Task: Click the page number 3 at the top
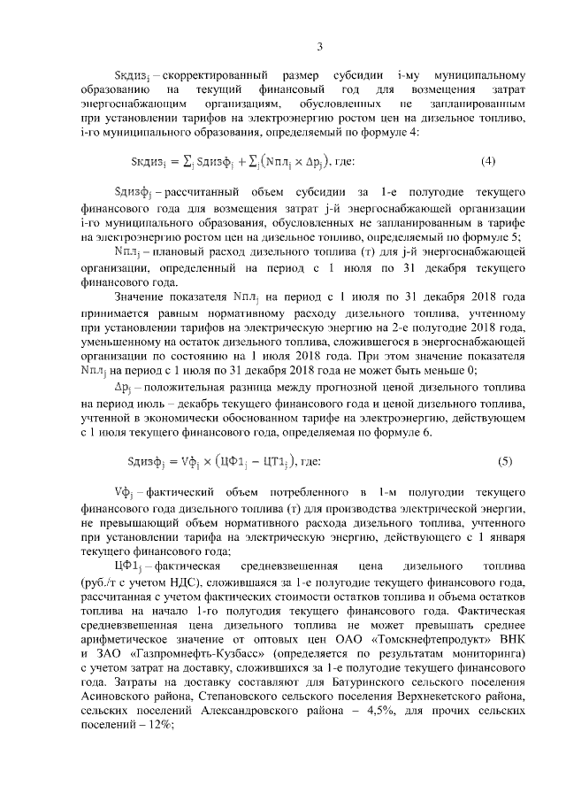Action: point(320,47)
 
